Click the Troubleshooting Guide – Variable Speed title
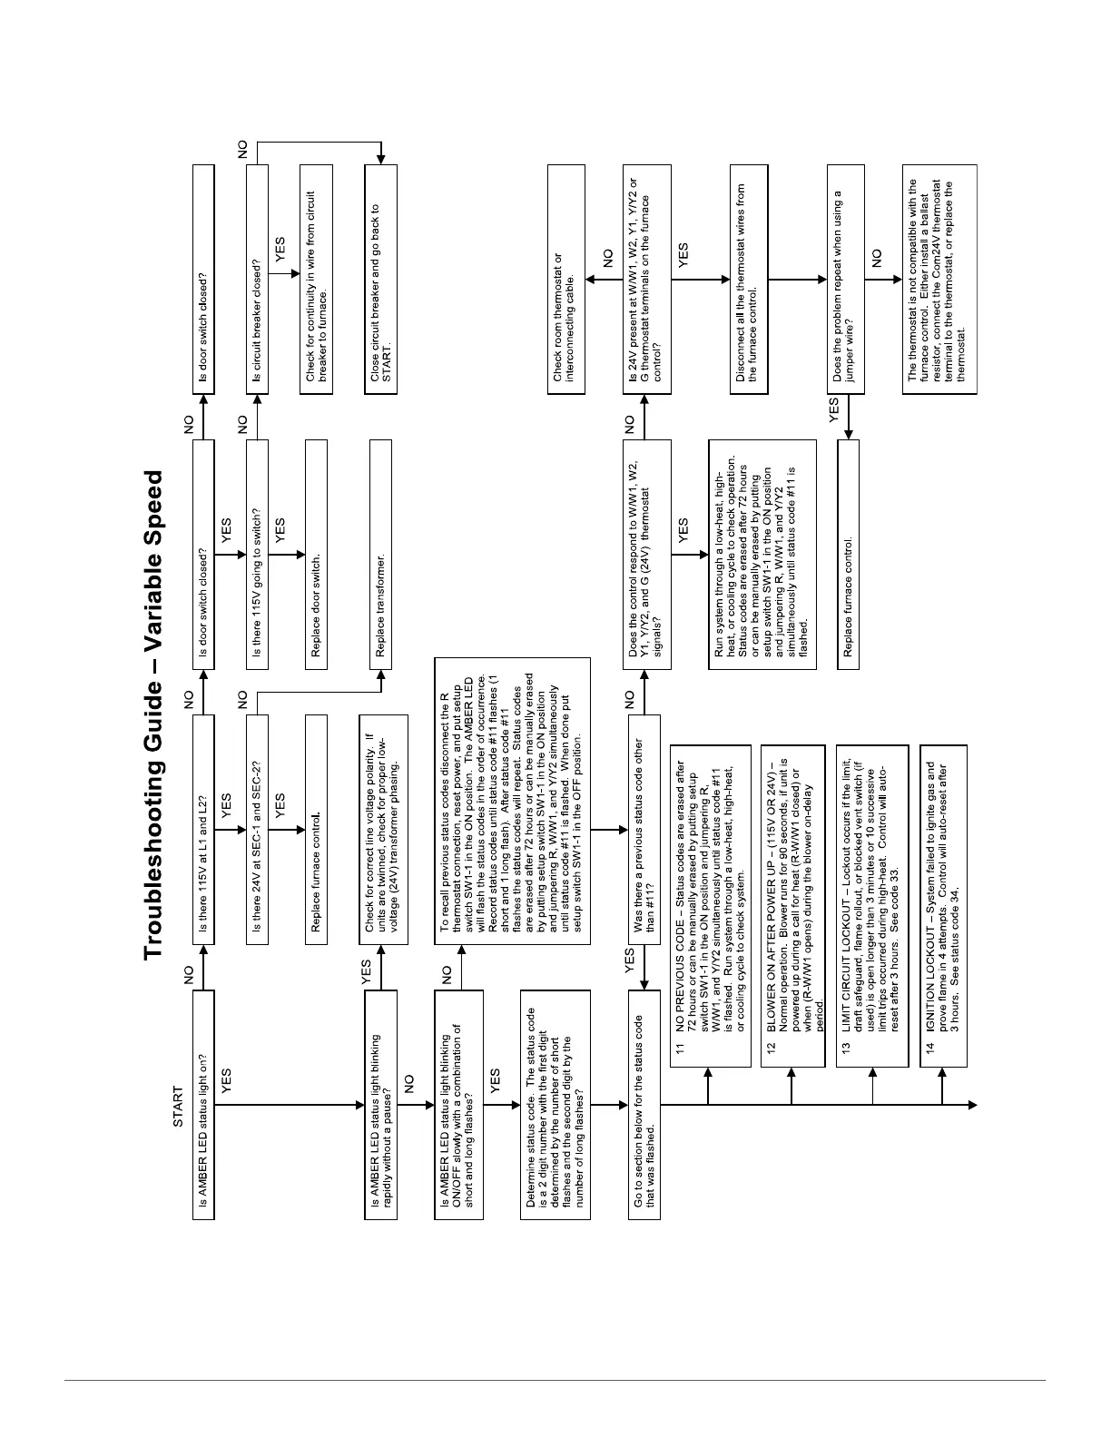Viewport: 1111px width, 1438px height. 153,714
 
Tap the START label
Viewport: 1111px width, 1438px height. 178,1106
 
